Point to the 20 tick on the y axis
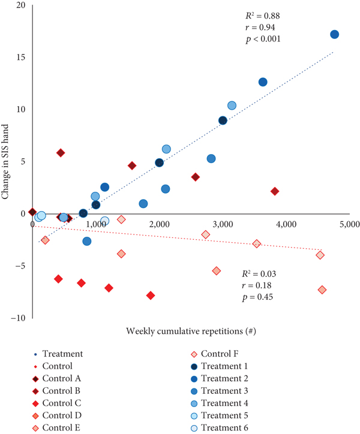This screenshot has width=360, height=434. (x=20, y=5)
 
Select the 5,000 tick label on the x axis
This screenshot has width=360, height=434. (x=349, y=224)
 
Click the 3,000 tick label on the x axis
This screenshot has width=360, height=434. (x=223, y=224)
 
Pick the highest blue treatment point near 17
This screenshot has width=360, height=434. (x=334, y=34)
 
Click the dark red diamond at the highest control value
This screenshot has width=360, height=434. (x=61, y=153)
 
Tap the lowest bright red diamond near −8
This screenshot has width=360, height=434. (x=151, y=296)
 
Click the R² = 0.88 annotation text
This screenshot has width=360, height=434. (x=261, y=16)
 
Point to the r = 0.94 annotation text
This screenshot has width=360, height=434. (x=260, y=27)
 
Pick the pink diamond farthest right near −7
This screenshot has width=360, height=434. (x=322, y=290)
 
